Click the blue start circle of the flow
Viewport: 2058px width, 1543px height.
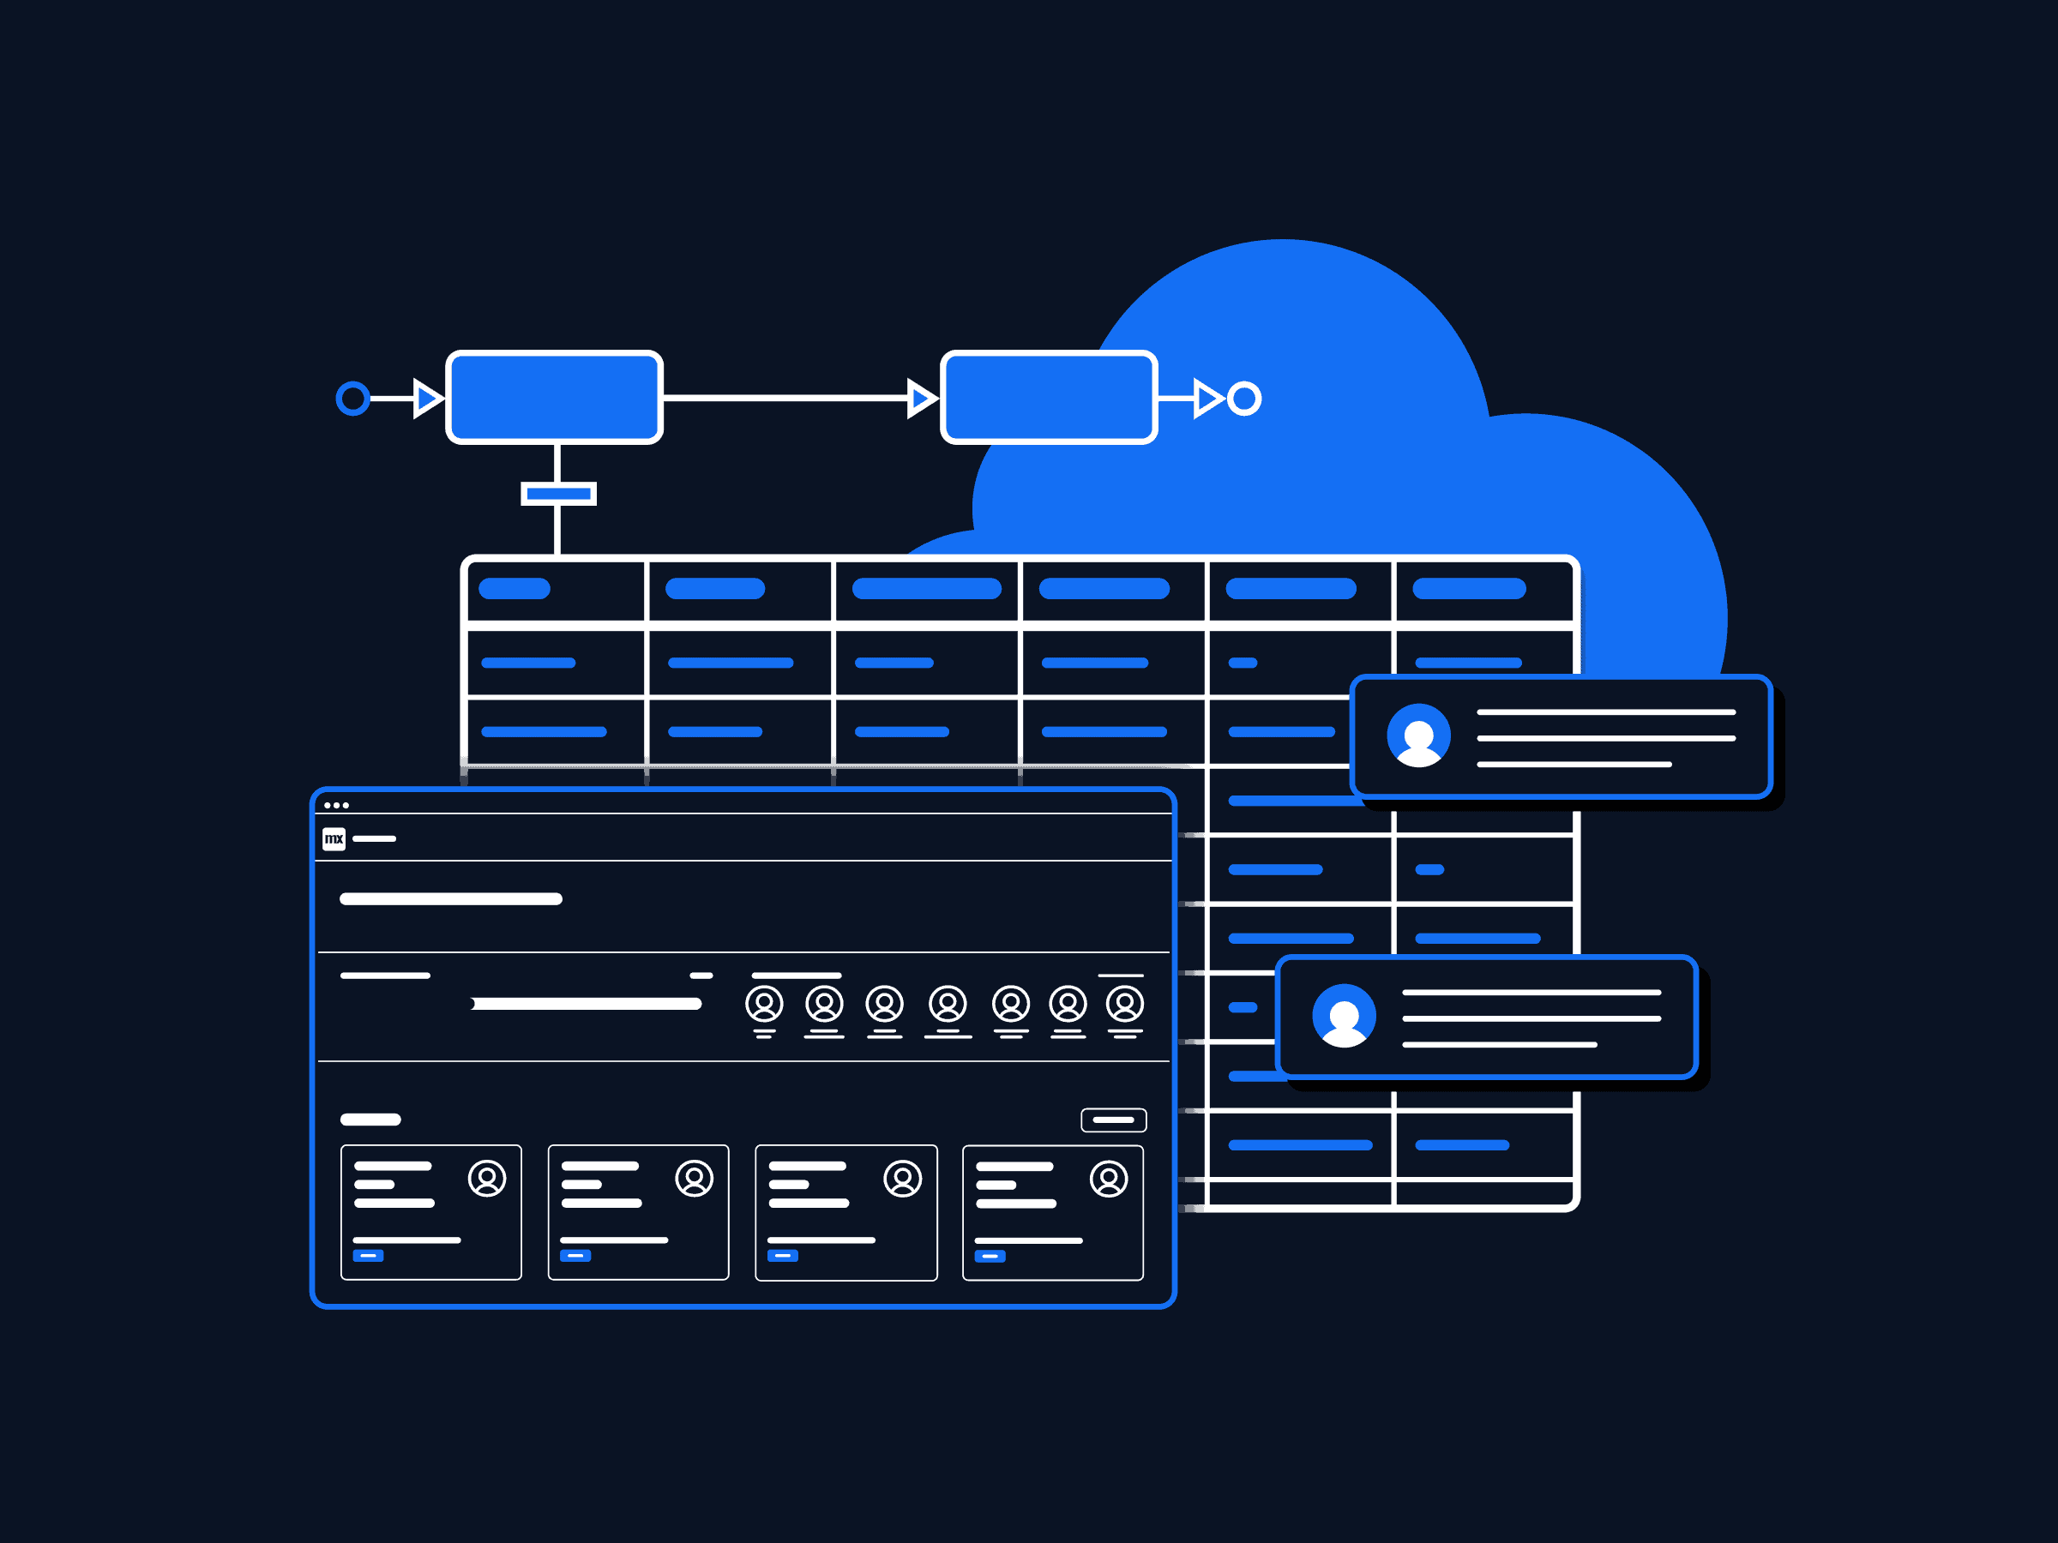(352, 398)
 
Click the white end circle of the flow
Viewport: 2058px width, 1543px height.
(1244, 398)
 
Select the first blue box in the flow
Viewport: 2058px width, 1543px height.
(555, 397)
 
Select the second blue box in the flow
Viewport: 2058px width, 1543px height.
(1049, 397)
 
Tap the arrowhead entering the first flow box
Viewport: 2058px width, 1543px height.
(427, 398)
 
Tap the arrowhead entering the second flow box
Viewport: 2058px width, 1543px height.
(921, 398)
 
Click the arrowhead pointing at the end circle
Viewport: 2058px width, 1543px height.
(1207, 398)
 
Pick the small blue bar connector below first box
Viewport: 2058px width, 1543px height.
(558, 494)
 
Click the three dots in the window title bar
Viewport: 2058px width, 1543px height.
(336, 806)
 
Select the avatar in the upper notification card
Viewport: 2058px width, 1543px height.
(1418, 735)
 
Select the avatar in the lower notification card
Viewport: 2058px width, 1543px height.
(1344, 1016)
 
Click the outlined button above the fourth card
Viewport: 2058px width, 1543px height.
(1113, 1120)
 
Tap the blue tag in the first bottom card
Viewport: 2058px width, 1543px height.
(369, 1256)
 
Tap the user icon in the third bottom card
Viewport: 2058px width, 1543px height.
(901, 1179)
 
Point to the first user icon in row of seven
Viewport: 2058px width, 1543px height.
(764, 1004)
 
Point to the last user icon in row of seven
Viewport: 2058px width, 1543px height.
(1124, 1004)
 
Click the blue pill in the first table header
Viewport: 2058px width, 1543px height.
(514, 589)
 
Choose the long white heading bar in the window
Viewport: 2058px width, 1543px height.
(451, 898)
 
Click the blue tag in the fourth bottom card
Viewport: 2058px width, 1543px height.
(990, 1256)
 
